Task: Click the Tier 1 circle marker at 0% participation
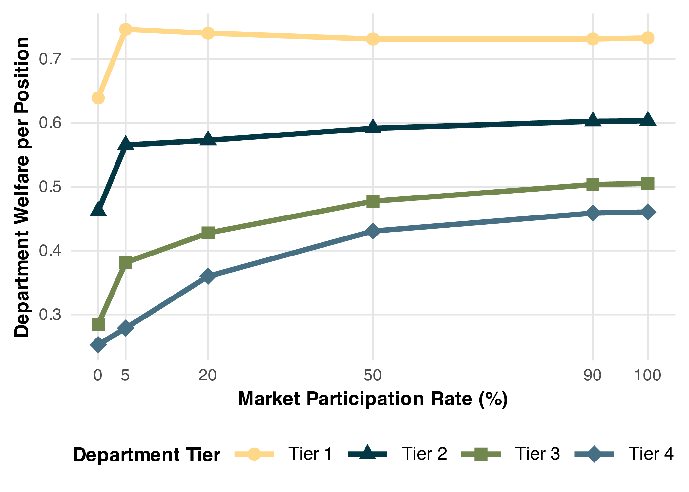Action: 98,98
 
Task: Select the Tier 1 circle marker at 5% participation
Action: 126,29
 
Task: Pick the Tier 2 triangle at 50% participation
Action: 373,127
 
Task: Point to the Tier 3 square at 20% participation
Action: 208,233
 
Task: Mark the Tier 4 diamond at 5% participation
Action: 126,328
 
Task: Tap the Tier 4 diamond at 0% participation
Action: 98,345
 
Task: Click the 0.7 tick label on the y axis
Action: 50,59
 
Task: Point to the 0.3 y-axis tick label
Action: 50,315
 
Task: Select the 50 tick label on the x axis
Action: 373,375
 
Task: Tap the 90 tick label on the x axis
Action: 593,375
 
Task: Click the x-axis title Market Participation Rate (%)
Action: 373,399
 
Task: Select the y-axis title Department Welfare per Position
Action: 22,187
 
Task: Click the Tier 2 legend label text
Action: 424,454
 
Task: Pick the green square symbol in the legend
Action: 481,454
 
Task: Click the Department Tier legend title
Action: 146,455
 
